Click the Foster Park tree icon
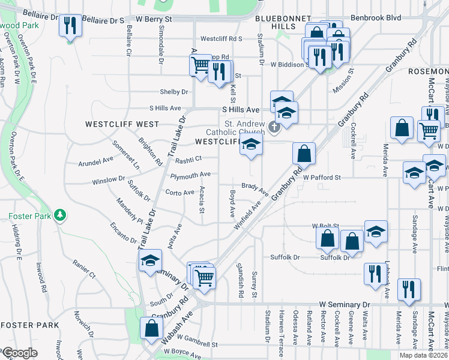tap(59, 215)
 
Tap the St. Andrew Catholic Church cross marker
tap(275, 127)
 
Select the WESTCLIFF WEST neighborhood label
tap(122, 124)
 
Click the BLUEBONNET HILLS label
tap(275, 23)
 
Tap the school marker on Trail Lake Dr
tap(149, 260)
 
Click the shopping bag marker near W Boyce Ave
tap(151, 328)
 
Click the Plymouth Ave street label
tap(190, 175)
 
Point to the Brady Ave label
tap(255, 188)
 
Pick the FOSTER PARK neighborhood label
tap(30, 325)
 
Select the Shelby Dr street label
tap(174, 92)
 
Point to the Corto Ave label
tap(180, 193)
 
